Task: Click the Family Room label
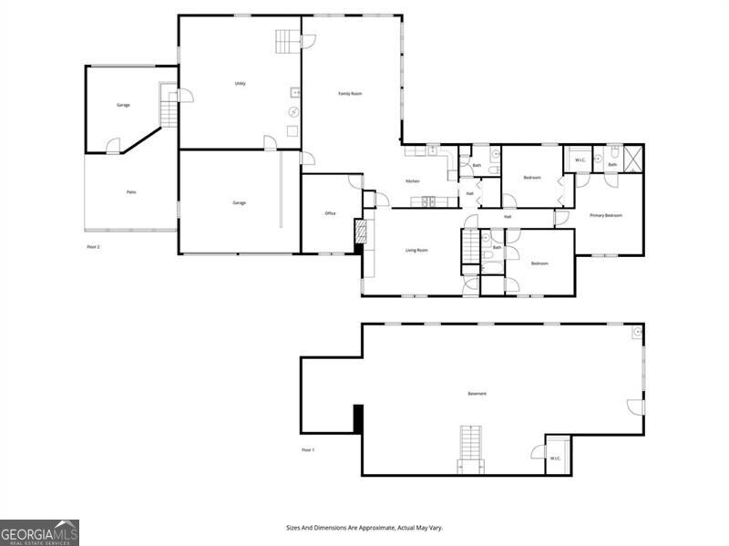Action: pos(351,93)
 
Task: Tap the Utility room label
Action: pos(240,84)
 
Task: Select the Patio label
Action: pos(131,192)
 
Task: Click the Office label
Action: pos(331,213)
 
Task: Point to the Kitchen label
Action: pos(413,181)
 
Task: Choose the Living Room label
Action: pos(416,250)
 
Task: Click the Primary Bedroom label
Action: pos(605,215)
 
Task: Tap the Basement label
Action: pos(477,394)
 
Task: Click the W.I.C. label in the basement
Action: pos(555,458)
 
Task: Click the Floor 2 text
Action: pos(93,247)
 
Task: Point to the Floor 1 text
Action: pos(308,450)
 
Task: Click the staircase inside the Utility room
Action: pos(288,41)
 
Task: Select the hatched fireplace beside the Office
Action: pos(361,234)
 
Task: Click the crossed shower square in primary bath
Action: pos(633,158)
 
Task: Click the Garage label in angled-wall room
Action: pos(123,105)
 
